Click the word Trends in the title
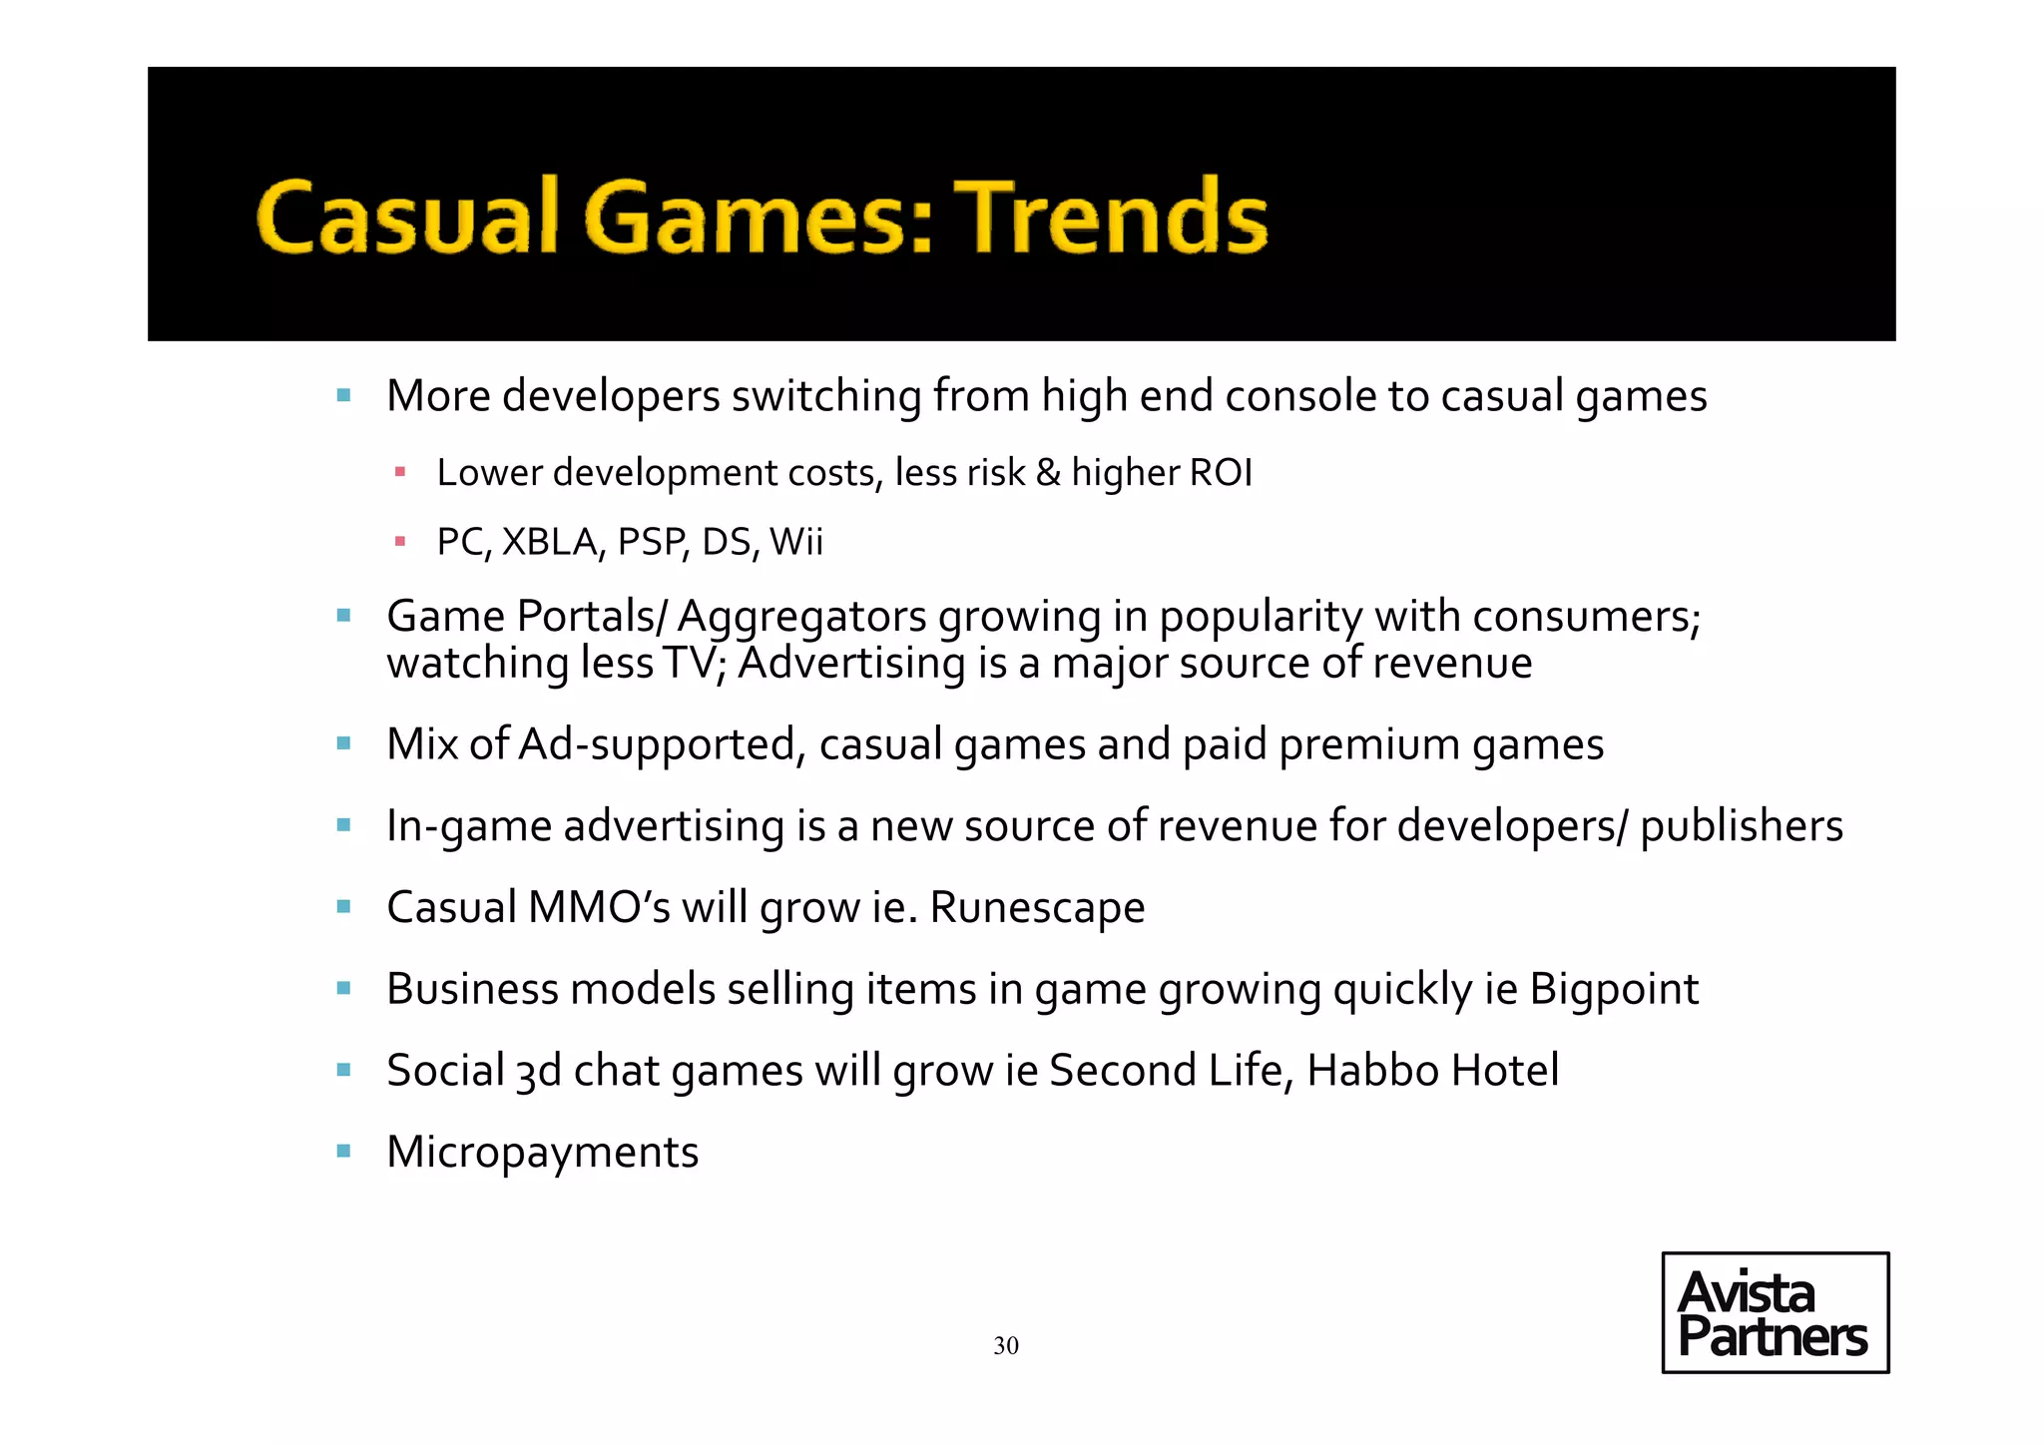(x=1110, y=217)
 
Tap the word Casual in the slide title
(x=407, y=217)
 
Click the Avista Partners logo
(x=1775, y=1312)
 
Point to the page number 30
(x=1006, y=1345)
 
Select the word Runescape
(x=1037, y=907)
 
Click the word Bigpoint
(x=1614, y=989)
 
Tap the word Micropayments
(x=542, y=1152)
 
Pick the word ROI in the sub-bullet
(x=1221, y=473)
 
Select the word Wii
(x=796, y=542)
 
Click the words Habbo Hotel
(x=1432, y=1070)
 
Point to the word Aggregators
(x=802, y=617)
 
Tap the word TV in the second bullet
(x=691, y=663)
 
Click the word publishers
(x=1742, y=826)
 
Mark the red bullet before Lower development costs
(x=400, y=472)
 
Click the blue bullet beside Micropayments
(x=344, y=1151)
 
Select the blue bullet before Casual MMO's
(x=344, y=906)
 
